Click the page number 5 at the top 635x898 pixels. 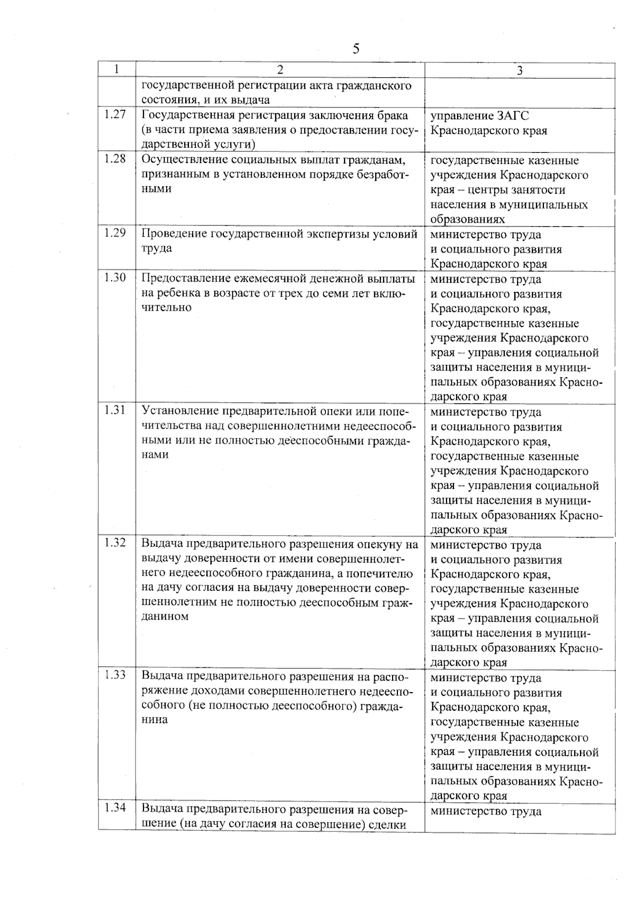356,49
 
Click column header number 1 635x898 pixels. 116,69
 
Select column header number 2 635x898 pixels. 280,70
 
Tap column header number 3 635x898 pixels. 520,70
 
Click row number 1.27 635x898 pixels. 115,115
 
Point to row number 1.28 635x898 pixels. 115,159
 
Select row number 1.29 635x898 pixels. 115,233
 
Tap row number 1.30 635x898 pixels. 115,278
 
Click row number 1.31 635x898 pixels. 115,410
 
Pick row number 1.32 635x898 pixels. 115,543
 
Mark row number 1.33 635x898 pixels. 115,676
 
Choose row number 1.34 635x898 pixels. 115,809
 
